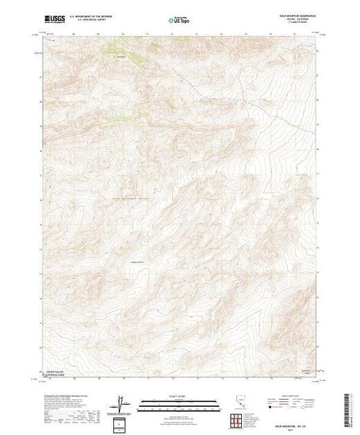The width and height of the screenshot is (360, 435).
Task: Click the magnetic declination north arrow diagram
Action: (x=122, y=401)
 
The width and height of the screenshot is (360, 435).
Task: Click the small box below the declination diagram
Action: (x=122, y=422)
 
